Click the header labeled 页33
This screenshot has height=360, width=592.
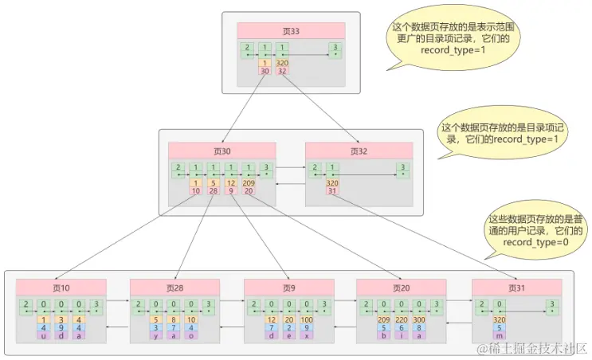(291, 30)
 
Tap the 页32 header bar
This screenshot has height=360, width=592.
(359, 151)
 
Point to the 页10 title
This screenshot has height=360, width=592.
(61, 287)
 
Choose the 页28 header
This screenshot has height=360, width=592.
(175, 287)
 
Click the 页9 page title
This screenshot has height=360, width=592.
(288, 287)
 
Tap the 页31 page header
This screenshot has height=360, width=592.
(517, 287)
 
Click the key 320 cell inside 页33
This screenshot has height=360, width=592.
(281, 63)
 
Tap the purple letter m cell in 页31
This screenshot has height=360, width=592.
(499, 335)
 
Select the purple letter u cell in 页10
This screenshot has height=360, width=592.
(42, 335)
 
